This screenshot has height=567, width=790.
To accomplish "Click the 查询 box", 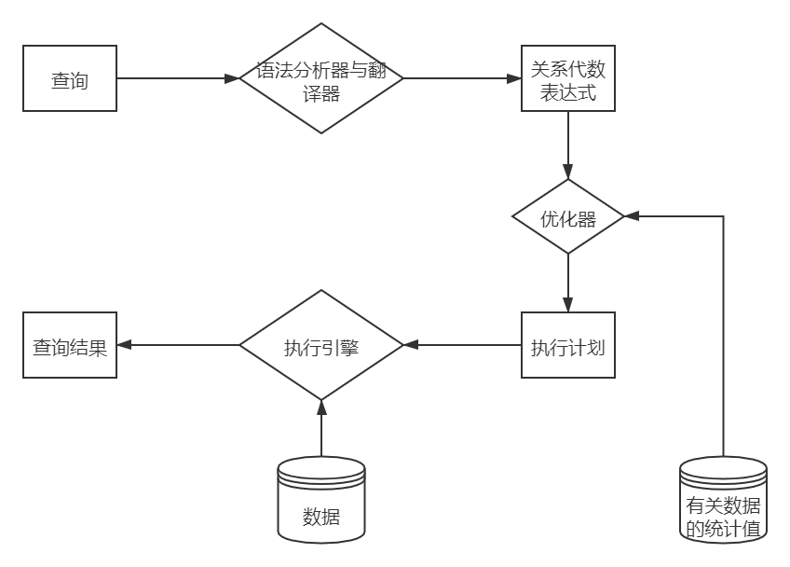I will click(x=70, y=79).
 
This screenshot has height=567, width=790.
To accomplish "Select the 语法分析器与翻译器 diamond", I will click(x=321, y=79).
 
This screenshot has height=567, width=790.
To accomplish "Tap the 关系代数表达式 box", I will click(x=568, y=79).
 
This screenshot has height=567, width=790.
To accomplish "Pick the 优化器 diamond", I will click(x=568, y=216).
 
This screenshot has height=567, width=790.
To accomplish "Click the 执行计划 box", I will click(x=568, y=345).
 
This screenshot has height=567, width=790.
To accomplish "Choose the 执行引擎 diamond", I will click(x=321, y=345).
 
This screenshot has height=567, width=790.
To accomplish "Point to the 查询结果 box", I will click(x=70, y=345).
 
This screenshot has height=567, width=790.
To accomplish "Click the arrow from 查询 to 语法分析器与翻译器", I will click(x=177, y=79).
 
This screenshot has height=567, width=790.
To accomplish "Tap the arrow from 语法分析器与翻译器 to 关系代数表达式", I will click(x=461, y=79).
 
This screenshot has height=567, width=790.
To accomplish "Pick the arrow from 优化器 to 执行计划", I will click(x=568, y=283).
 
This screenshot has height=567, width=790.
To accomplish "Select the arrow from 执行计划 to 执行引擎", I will click(x=462, y=345).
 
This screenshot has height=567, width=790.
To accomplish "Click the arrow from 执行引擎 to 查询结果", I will click(x=177, y=345).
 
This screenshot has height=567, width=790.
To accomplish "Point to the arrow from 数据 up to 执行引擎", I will click(x=321, y=429).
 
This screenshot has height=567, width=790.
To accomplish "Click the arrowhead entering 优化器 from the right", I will click(x=632, y=216).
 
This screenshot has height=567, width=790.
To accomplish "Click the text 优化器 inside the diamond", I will click(x=568, y=218).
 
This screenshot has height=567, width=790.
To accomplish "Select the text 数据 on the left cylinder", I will click(x=321, y=516).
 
